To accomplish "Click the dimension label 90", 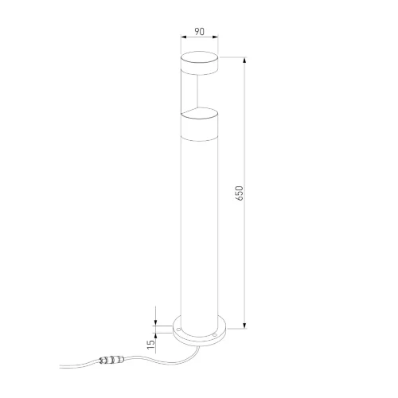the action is tap(200, 31).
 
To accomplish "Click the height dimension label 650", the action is tap(239, 193).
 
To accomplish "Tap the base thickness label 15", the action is tap(150, 344).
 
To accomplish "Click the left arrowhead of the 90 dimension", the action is tap(183, 37).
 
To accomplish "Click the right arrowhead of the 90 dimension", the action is tap(215, 37).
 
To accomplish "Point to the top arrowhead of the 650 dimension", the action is tap(244, 60).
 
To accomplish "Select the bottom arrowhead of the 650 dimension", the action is tap(244, 326).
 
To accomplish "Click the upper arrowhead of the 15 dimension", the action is tap(156, 322).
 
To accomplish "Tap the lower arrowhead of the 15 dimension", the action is tap(156, 336).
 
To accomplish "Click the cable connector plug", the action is tap(111, 360).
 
